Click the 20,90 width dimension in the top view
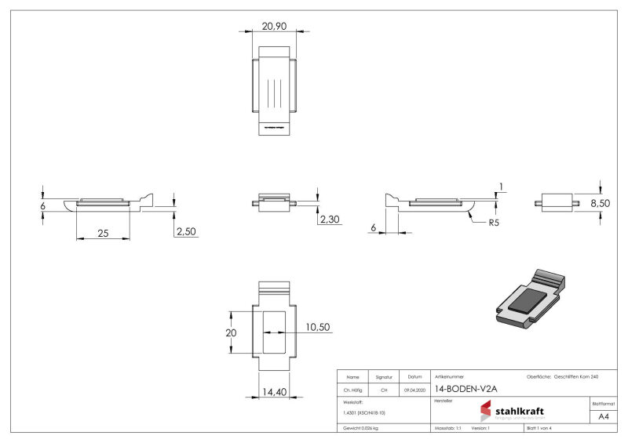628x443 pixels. (274, 26)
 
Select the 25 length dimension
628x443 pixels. (103, 234)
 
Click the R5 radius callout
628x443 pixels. (495, 223)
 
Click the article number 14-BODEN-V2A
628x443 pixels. (466, 389)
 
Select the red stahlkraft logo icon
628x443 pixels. (486, 411)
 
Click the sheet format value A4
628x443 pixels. (604, 416)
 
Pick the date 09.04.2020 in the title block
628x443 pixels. (415, 390)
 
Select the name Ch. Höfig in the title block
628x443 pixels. (352, 390)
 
